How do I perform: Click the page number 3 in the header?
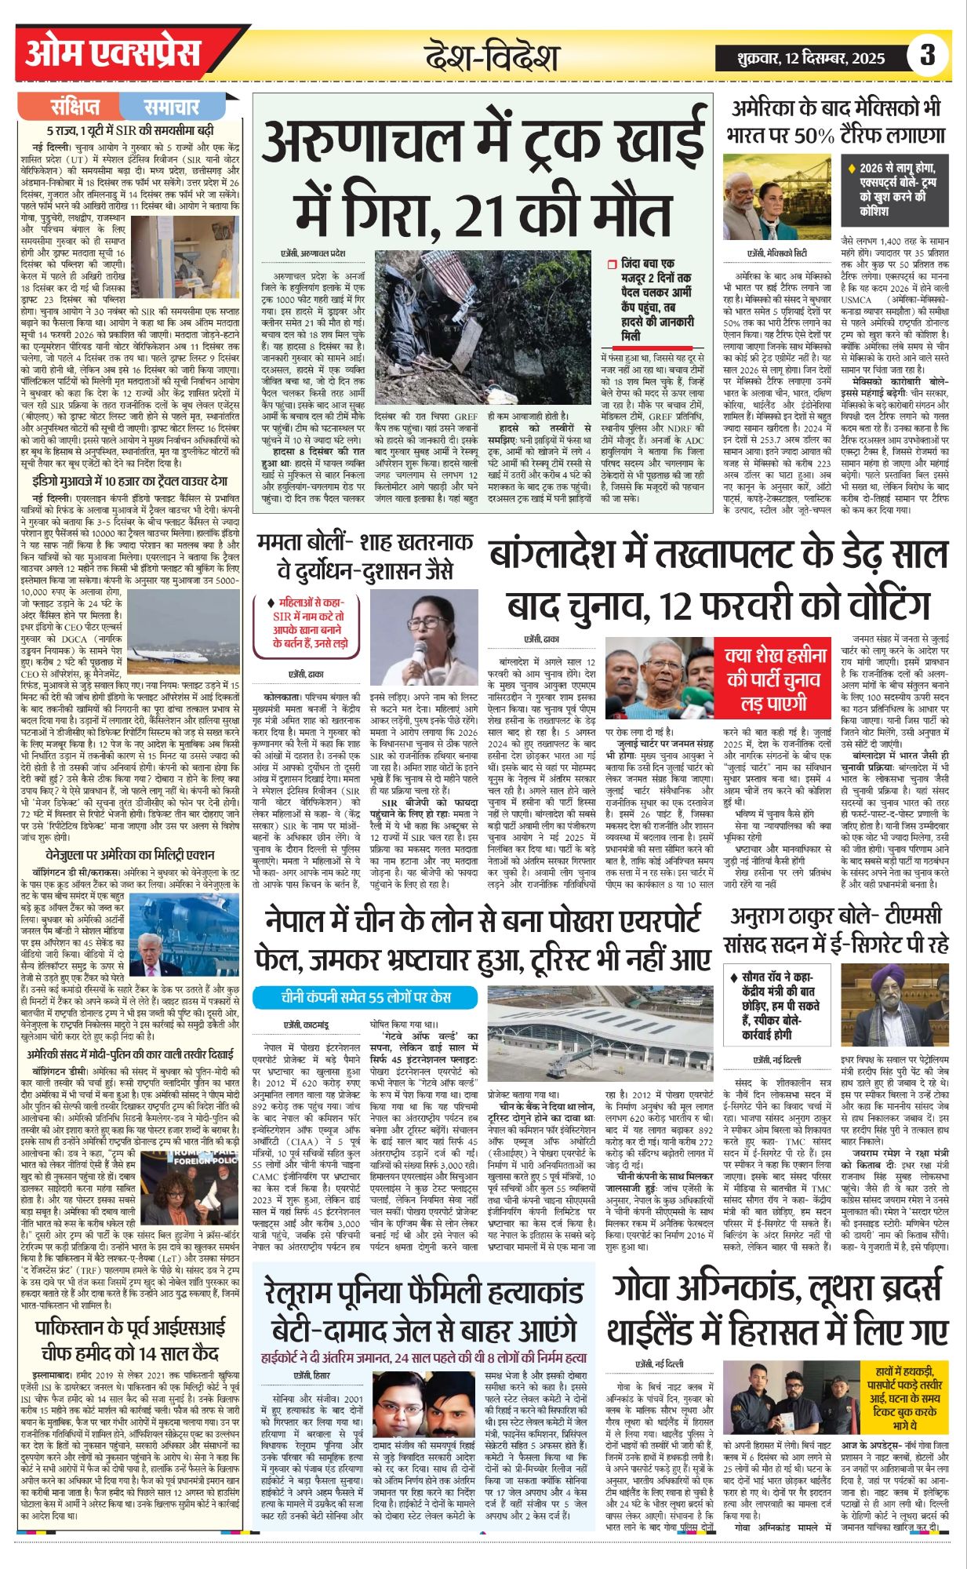[928, 56]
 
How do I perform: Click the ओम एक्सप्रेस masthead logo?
[114, 54]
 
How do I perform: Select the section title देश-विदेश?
[492, 57]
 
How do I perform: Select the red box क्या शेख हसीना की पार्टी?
[776, 679]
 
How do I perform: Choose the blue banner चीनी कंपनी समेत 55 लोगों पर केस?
[365, 997]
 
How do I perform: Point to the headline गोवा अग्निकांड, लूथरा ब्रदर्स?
[777, 1311]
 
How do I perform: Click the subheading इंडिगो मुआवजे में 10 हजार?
[130, 481]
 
